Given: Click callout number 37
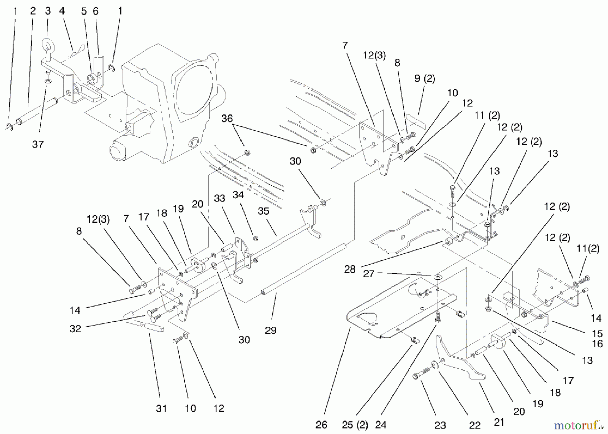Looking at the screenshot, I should point(38,144).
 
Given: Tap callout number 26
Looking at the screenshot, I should point(321,425).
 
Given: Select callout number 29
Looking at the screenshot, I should point(271,330).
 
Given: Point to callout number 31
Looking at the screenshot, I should point(161,408).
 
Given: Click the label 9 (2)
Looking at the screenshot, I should point(425,79).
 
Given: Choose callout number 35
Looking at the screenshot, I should point(263,211).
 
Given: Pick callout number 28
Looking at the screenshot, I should point(350,269).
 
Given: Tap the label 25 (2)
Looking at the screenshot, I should point(354,425).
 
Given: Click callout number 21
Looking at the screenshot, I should point(499,422).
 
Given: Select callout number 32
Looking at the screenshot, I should point(75,329).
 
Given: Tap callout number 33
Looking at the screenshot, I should point(220,198).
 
